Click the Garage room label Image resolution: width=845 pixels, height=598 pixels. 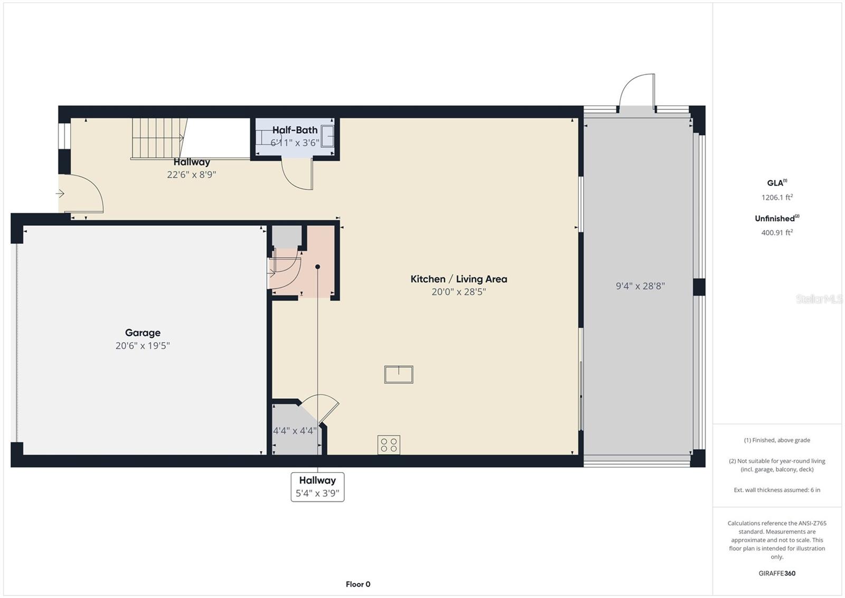[x=143, y=333]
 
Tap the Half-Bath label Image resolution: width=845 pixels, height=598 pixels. [x=295, y=130]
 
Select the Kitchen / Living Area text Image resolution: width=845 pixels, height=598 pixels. [x=458, y=279]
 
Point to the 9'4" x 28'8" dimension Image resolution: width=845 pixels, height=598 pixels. [x=640, y=286]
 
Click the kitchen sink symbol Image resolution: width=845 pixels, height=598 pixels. [x=399, y=374]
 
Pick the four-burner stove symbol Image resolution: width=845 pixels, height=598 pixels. [x=389, y=445]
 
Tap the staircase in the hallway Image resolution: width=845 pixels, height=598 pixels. [x=159, y=138]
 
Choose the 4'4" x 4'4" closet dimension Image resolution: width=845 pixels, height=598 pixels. [x=295, y=430]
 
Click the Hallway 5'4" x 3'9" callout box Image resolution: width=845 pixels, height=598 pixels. [x=317, y=487]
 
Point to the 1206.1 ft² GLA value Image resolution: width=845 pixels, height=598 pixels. [x=777, y=197]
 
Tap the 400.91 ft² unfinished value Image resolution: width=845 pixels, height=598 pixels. [x=777, y=232]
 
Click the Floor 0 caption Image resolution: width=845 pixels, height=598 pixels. [x=358, y=584]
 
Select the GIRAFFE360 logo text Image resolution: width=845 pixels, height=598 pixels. [x=777, y=573]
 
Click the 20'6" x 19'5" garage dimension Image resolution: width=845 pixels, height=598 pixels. [x=143, y=346]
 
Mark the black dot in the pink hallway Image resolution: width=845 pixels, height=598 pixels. [x=317, y=266]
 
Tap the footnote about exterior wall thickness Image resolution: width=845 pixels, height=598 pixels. [x=777, y=490]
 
